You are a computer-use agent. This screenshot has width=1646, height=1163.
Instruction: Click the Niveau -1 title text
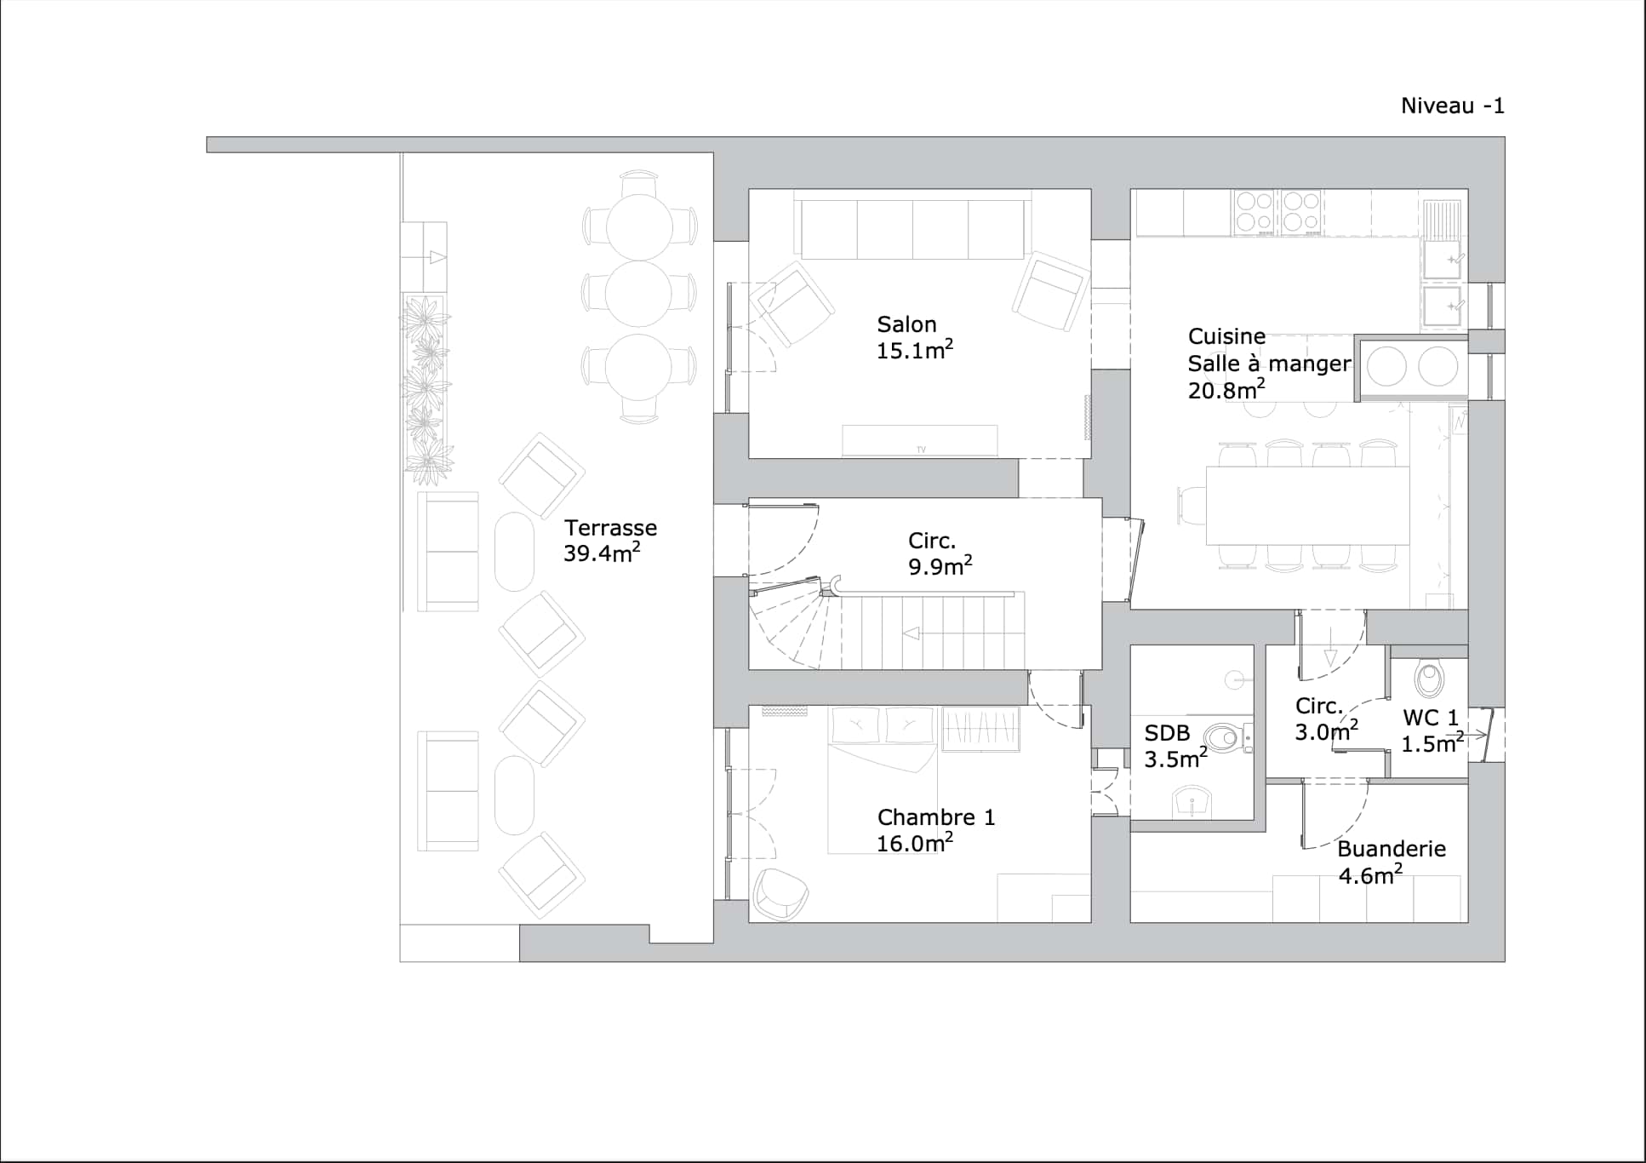pyautogui.click(x=1452, y=106)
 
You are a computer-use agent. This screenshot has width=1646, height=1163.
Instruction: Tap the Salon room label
pyautogui.click(x=906, y=324)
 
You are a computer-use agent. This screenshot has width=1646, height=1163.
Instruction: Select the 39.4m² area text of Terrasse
pyautogui.click(x=601, y=553)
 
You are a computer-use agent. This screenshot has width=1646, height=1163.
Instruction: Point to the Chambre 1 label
pyautogui.click(x=935, y=817)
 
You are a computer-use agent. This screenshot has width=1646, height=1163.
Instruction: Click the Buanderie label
pyautogui.click(x=1391, y=849)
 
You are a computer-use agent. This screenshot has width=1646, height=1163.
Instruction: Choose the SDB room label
pyautogui.click(x=1167, y=733)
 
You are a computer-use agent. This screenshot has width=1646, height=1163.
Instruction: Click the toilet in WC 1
pyautogui.click(x=1429, y=679)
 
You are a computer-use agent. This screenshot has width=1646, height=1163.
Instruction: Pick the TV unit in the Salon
pyautogui.click(x=919, y=440)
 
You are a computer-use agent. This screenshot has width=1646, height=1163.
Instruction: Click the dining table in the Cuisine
pyautogui.click(x=1307, y=505)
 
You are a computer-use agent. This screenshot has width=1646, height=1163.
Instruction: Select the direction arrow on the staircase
pyautogui.click(x=912, y=633)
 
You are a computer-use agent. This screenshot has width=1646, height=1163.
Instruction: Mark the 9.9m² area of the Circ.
pyautogui.click(x=940, y=566)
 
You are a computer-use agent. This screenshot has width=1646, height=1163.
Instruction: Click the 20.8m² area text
pyautogui.click(x=1226, y=390)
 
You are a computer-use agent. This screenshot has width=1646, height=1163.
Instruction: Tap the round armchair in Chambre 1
pyautogui.click(x=780, y=894)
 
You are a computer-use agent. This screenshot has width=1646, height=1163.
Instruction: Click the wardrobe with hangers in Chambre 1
pyautogui.click(x=980, y=729)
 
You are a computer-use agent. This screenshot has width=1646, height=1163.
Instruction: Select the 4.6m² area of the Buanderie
pyautogui.click(x=1369, y=875)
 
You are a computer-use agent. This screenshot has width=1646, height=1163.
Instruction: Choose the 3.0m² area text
pyautogui.click(x=1326, y=731)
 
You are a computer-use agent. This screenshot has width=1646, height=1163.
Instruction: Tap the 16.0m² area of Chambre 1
pyautogui.click(x=914, y=843)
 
